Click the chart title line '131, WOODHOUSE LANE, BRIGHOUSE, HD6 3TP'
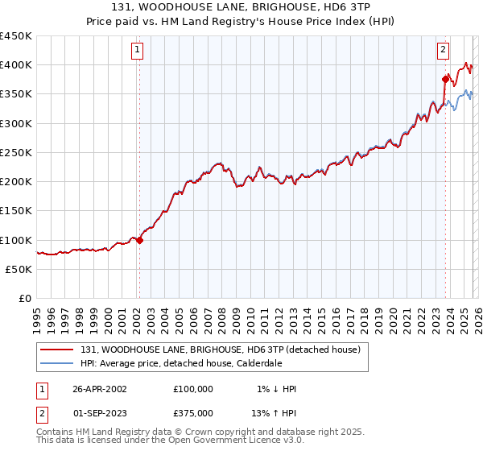tap(241, 8)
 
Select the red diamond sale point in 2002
tap(139, 239)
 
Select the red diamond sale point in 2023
tap(445, 79)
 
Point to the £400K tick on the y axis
tap(16, 64)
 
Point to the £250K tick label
tap(16, 152)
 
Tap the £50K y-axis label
tap(19, 269)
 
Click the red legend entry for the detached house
tap(225, 349)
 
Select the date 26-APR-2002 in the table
tap(100, 389)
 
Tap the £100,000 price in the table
tap(193, 389)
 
